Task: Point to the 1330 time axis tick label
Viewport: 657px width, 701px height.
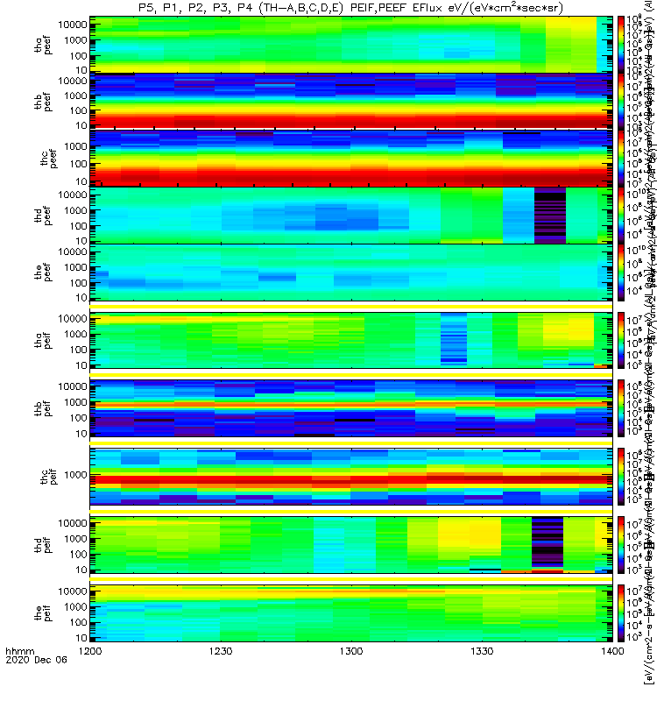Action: (481, 676)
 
